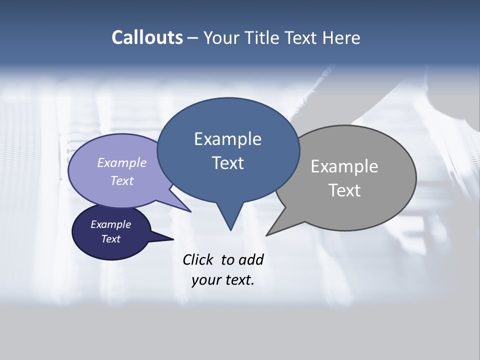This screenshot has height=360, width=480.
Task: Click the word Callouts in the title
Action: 147,38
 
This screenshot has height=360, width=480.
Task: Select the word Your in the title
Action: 221,38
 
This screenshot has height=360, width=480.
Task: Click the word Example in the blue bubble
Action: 227,139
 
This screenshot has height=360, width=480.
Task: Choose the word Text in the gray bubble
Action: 344,190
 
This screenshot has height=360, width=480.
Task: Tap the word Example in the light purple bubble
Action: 121,163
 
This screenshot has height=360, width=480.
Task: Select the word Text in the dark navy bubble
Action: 111,239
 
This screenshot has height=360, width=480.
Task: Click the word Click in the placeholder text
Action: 199,259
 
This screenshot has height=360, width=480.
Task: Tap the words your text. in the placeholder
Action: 222,280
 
